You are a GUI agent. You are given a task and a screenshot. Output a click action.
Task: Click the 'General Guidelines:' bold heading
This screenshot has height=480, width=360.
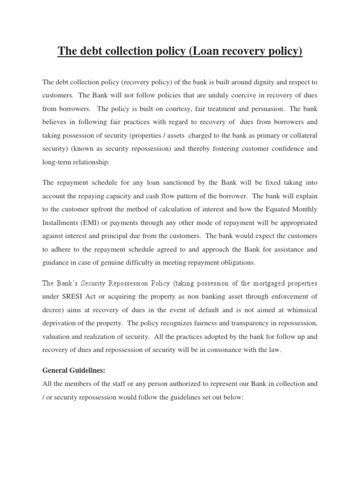74,370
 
